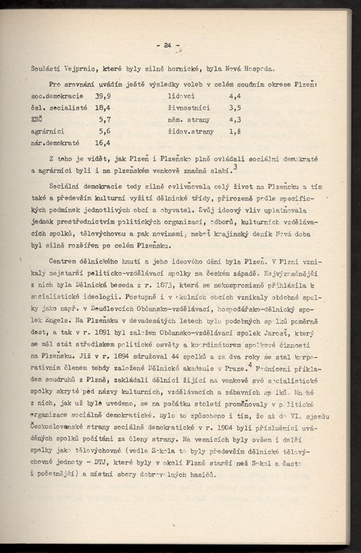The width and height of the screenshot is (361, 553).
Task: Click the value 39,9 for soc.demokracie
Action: coord(102,96)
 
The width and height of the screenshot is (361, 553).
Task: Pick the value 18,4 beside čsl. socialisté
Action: coord(102,108)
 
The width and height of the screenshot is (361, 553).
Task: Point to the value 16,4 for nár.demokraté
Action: coord(102,142)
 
